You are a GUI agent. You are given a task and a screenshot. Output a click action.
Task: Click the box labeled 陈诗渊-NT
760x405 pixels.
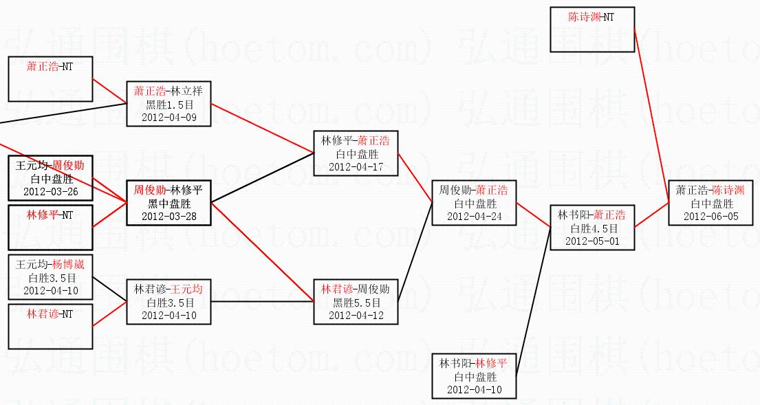[592, 30]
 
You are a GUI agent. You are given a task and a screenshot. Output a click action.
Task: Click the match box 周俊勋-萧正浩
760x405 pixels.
[473, 203]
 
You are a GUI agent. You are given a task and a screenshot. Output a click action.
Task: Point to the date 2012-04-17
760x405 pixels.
[355, 166]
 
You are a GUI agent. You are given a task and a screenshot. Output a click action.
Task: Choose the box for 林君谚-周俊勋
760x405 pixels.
[355, 302]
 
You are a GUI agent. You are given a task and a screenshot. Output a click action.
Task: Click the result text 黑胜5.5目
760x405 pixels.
[355, 303]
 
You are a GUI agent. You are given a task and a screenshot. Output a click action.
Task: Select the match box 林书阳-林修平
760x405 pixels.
[473, 375]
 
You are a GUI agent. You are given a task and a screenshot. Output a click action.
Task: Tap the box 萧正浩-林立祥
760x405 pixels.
[168, 104]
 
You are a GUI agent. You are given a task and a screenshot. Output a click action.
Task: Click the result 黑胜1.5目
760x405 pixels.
[168, 105]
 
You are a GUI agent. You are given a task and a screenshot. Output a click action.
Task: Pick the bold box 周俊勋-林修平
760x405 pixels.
[168, 203]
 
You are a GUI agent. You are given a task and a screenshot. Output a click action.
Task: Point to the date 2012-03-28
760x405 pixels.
[168, 216]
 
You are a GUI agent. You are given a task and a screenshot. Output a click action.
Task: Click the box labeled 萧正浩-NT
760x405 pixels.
[50, 79]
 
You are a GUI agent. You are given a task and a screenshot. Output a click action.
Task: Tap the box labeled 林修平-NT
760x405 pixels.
[50, 228]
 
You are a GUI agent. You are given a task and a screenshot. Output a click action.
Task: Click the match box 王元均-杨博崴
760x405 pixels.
[50, 276]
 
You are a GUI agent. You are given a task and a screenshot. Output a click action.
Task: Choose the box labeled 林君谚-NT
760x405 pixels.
[50, 327]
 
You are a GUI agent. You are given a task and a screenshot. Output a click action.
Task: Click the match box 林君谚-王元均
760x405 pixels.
[168, 302]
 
